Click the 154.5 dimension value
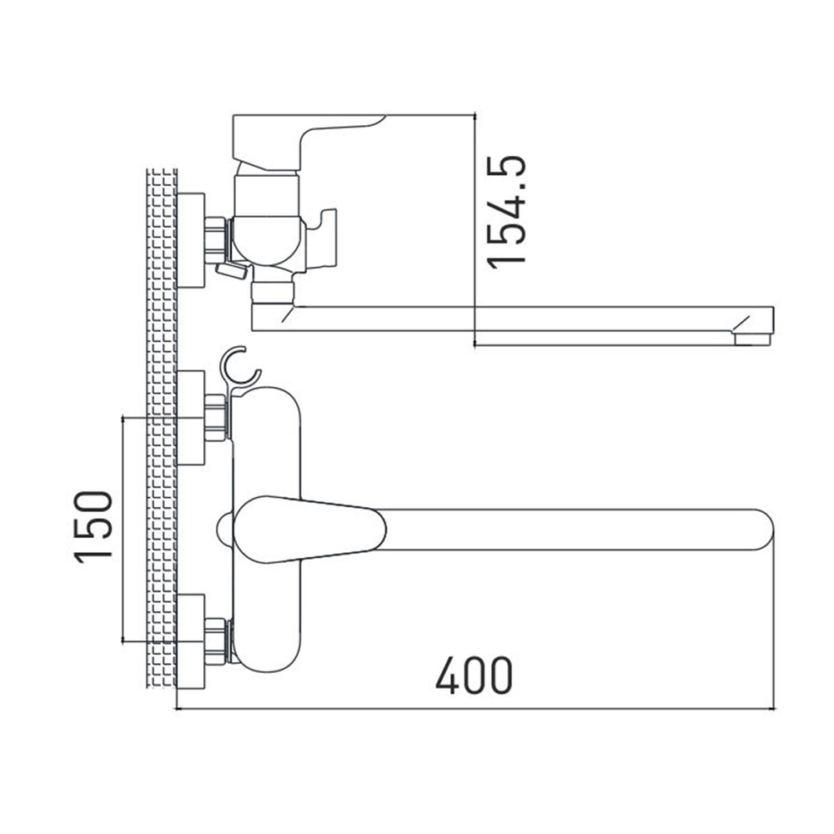(507, 212)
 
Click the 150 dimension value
(93, 527)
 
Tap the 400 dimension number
(474, 676)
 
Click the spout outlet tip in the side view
(751, 339)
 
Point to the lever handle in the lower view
(309, 530)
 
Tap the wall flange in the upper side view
(190, 240)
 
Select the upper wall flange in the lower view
(190, 418)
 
